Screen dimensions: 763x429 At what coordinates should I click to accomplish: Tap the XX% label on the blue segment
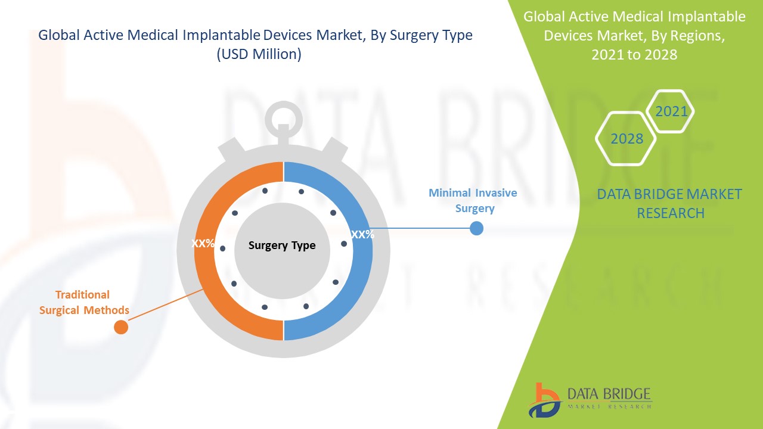362,235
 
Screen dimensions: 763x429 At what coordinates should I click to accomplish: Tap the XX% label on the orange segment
203,244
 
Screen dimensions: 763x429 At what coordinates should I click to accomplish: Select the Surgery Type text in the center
282,245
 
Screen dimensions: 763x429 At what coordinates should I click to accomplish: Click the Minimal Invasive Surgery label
473,201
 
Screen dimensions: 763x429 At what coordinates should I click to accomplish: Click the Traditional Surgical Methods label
83,303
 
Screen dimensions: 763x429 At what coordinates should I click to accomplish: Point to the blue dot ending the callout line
476,228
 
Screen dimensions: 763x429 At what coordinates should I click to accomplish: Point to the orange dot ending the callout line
121,327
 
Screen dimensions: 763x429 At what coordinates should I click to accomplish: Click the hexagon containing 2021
671,111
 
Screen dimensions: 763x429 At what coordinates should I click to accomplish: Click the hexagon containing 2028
626,139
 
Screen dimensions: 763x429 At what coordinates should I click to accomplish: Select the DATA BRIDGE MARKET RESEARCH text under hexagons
669,204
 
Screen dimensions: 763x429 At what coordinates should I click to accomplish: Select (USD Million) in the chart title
259,54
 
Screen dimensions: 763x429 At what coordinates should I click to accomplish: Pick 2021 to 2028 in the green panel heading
634,54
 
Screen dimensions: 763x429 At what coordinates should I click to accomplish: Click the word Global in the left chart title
58,35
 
